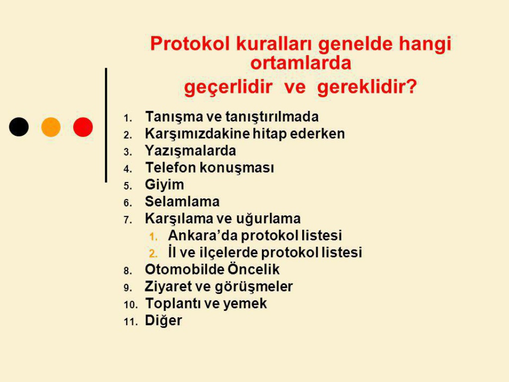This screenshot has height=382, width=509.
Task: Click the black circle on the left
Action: click(x=19, y=127)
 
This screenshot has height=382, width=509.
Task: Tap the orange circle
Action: click(x=51, y=127)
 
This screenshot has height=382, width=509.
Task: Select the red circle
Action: click(x=83, y=127)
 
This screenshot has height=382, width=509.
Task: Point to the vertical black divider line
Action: click(x=106, y=125)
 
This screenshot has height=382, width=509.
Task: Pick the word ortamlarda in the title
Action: click(x=301, y=63)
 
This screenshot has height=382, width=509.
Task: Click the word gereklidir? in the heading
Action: click(x=367, y=87)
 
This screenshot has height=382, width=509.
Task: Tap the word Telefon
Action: click(x=170, y=168)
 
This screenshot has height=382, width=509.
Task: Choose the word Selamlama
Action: click(x=182, y=202)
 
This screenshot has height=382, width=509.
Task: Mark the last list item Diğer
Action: click(x=163, y=321)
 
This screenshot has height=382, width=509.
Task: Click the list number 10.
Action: click(x=131, y=305)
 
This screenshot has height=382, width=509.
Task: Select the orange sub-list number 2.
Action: click(x=153, y=254)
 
